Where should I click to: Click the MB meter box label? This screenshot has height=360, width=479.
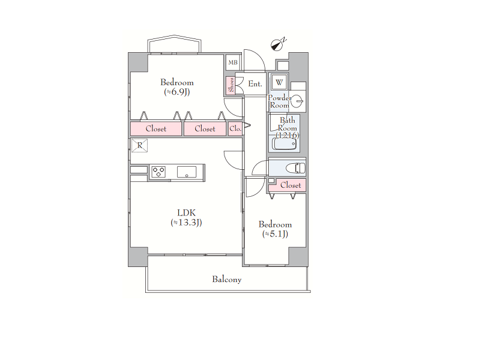pos(233,62)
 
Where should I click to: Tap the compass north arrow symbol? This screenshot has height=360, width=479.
pos(277,45)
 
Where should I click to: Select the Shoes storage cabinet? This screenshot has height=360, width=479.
pos(231,85)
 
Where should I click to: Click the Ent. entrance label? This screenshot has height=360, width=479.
pos(255,83)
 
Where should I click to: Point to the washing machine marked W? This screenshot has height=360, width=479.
pos(279,82)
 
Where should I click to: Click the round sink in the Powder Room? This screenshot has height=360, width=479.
pos(297,101)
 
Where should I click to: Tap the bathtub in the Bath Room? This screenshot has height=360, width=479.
pos(285,143)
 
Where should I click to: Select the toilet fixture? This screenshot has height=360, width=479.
pos(295,168)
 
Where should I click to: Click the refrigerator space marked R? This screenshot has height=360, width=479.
pos(140,145)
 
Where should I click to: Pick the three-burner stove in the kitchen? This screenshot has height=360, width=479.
pos(159,172)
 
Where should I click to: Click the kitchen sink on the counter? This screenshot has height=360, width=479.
pos(187,172)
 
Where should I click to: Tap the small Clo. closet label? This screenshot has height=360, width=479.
pos(235,129)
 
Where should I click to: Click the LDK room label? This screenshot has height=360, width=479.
pos(186,212)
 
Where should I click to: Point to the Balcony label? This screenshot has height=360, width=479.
pos(227,280)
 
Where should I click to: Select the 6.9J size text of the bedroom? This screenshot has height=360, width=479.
pos(177,92)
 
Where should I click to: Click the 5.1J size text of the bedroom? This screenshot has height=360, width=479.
pos(275,234)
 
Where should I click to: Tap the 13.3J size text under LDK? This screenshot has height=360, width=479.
pos(186,222)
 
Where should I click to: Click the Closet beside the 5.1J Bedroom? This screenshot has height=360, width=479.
pos(291,185)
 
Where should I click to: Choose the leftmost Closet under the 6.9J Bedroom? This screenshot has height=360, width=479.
pos(156,129)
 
